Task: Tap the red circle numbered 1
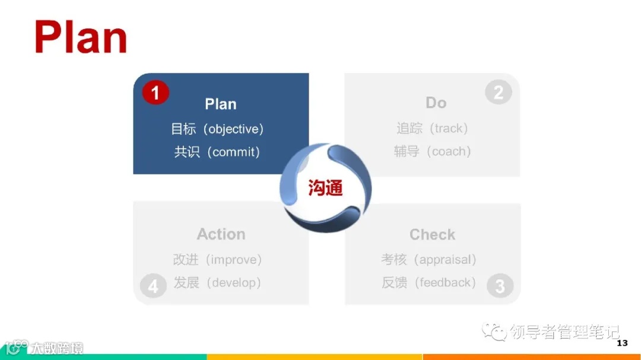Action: coord(156,93)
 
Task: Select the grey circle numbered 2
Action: coord(499,93)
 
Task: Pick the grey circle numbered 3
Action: coord(500,286)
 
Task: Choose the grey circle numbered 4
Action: coord(153,286)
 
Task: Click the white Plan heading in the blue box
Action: coord(221,104)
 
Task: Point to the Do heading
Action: coord(436,103)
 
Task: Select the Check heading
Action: coord(432,234)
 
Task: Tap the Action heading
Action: coord(221,234)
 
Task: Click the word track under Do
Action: coord(450,128)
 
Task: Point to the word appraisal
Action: coord(445,260)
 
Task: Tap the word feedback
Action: coord(447,283)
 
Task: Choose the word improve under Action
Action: coord(233,260)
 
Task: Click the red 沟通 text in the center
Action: coord(326,188)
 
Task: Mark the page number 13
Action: coord(622,343)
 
